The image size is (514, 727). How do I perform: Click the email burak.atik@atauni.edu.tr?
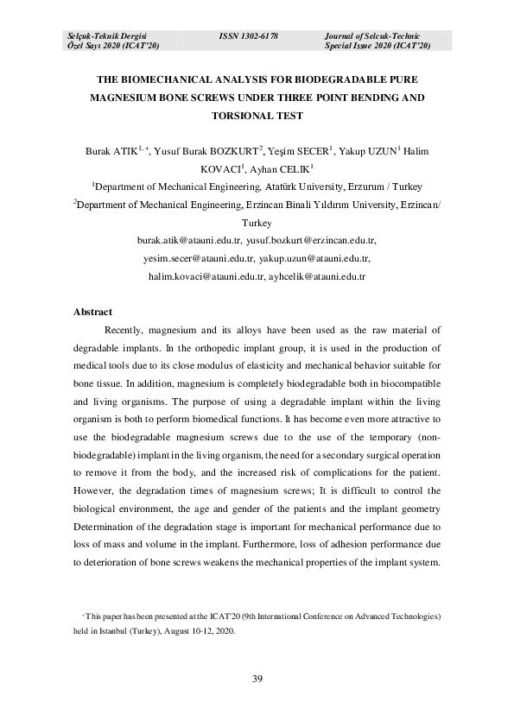tap(188, 241)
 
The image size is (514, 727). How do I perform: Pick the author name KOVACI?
tap(219, 168)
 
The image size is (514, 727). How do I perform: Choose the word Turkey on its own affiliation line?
tap(257, 222)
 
